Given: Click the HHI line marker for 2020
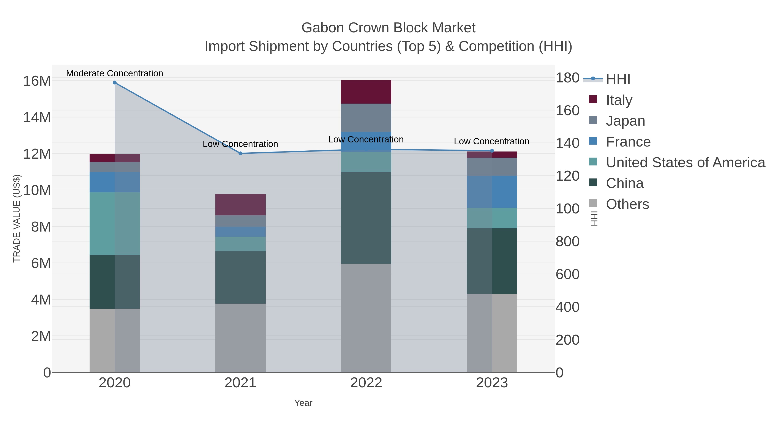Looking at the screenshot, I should (x=115, y=83).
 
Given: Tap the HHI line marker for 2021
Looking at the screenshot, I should (x=240, y=153).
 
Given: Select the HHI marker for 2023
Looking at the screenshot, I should (x=492, y=151).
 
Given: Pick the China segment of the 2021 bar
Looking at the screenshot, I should (x=240, y=278).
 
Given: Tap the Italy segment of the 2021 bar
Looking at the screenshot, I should (x=240, y=205).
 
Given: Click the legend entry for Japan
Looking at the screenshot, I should (x=625, y=121).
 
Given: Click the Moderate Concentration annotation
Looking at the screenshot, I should (x=115, y=73).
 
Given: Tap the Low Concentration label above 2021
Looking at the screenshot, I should (x=240, y=144).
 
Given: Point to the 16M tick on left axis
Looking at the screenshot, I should (x=37, y=81).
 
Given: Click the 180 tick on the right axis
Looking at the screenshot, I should (x=567, y=78).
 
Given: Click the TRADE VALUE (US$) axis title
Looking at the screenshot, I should (x=17, y=218).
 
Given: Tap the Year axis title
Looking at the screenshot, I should (x=303, y=403).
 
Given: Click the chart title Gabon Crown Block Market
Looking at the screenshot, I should (x=388, y=28).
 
